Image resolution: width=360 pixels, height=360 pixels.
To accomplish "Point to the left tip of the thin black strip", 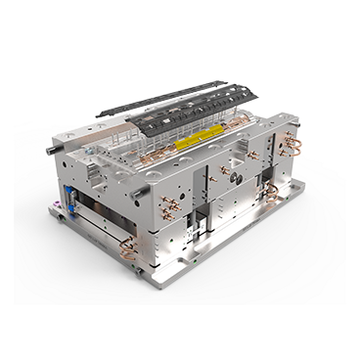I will click(100, 114).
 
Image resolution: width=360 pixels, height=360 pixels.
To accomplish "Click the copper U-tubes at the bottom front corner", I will click(127, 252).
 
